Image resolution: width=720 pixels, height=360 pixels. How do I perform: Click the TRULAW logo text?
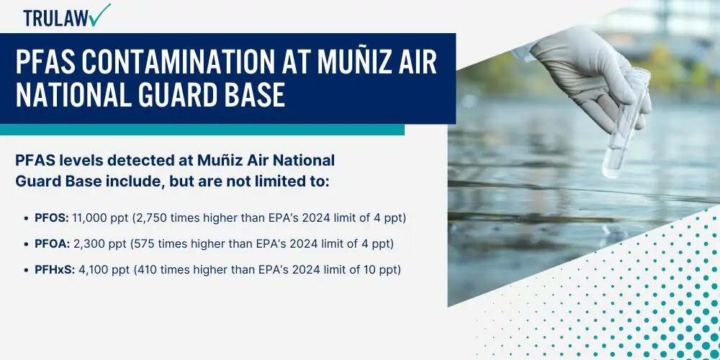pyautogui.click(x=56, y=19)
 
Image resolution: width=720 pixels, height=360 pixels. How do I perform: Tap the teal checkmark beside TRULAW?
pyautogui.click(x=100, y=14)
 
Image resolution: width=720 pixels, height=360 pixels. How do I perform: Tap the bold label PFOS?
pyautogui.click(x=52, y=218)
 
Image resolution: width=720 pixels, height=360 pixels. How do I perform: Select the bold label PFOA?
pyautogui.click(x=53, y=244)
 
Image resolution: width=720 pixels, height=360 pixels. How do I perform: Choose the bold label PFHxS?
pyautogui.click(x=55, y=269)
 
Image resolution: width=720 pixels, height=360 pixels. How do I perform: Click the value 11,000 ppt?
pyautogui.click(x=101, y=219)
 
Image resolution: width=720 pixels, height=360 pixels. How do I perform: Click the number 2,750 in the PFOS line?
pyautogui.click(x=151, y=219)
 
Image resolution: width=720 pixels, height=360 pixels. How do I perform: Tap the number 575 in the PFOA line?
pyautogui.click(x=144, y=244)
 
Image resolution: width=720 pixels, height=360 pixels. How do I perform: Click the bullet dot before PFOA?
pyautogui.click(x=26, y=245)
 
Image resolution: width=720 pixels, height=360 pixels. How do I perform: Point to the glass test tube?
pyautogui.click(x=626, y=123)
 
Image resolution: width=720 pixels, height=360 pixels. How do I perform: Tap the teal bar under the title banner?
pyautogui.click(x=202, y=130)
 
